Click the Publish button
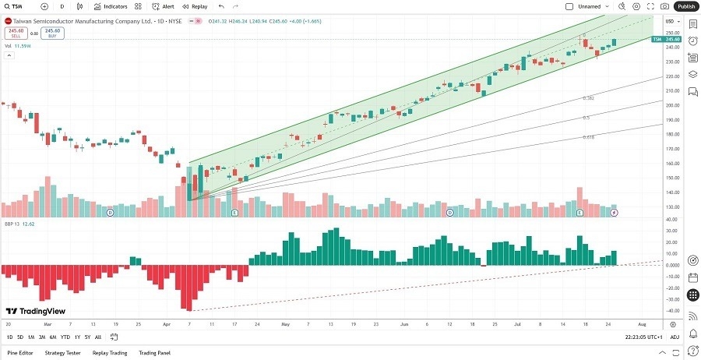tap(685, 6)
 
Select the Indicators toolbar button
tap(111, 6)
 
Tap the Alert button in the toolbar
tap(164, 6)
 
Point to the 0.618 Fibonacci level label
tap(589, 137)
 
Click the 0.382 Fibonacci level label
tap(589, 98)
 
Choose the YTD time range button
tap(65, 337)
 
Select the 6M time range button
tap(52, 337)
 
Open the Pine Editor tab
tap(19, 353)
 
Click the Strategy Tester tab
tap(62, 353)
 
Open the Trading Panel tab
tap(154, 353)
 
